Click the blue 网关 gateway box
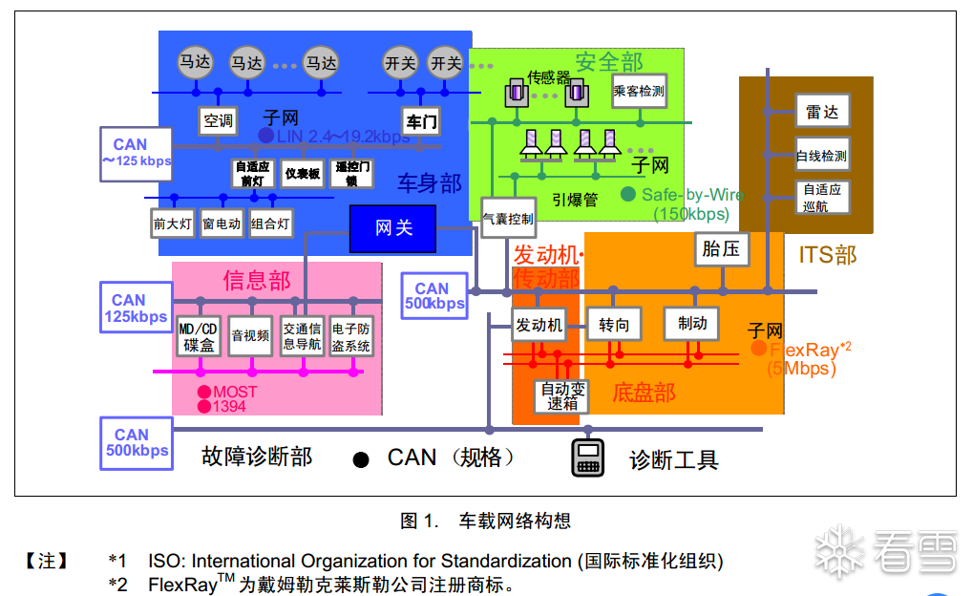click(393, 228)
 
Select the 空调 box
click(218, 121)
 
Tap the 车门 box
click(421, 121)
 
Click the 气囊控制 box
click(508, 219)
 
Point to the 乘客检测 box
click(639, 92)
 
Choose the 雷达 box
click(821, 113)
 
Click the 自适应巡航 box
click(821, 198)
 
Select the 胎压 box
click(721, 249)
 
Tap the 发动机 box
click(539, 325)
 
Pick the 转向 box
click(614, 325)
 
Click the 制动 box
click(691, 324)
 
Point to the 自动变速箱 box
click(562, 396)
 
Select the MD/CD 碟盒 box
click(199, 337)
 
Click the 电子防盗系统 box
click(350, 337)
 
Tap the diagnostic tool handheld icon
click(587, 458)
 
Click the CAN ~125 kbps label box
click(137, 153)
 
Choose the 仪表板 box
click(303, 174)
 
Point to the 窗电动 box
click(222, 224)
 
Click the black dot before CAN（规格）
click(361, 460)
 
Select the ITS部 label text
click(828, 255)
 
